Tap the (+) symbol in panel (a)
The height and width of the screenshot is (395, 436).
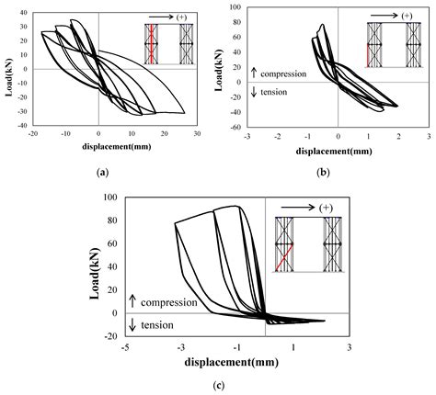(193, 17)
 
